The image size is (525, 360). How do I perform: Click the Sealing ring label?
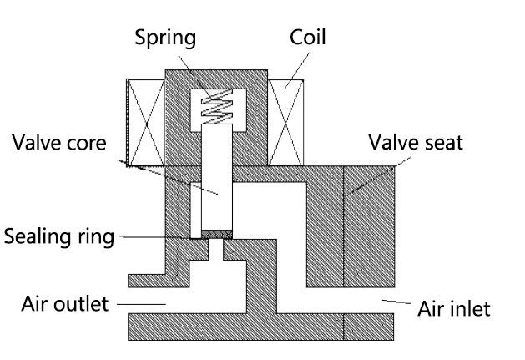point(58,236)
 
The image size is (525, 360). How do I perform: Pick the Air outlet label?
point(65,303)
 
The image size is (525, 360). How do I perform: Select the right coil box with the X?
point(289,123)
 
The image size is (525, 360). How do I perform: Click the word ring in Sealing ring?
point(96,237)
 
